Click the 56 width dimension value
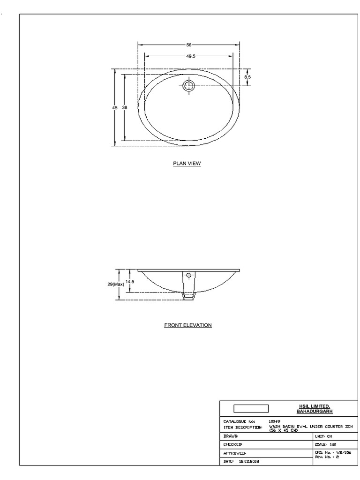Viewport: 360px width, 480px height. click(x=189, y=45)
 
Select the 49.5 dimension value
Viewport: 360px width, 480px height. click(x=190, y=56)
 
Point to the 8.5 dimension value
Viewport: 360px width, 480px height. click(x=247, y=76)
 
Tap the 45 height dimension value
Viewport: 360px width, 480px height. click(x=115, y=107)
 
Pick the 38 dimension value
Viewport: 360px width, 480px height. click(x=125, y=107)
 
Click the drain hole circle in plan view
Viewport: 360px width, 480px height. click(x=189, y=86)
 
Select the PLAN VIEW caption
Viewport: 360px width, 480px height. click(x=187, y=164)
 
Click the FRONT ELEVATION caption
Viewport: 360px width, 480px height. click(x=188, y=325)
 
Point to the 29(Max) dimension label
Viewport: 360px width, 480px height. click(x=116, y=284)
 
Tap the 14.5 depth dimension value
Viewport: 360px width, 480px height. click(x=130, y=282)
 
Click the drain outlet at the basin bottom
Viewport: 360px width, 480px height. click(x=189, y=296)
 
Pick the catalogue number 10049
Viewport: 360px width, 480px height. click(x=275, y=421)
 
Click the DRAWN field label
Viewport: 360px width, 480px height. click(x=232, y=436)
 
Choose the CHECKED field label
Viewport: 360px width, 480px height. click(x=233, y=444)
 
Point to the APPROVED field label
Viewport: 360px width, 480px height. click(x=234, y=453)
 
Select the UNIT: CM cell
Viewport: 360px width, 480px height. click(x=323, y=436)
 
